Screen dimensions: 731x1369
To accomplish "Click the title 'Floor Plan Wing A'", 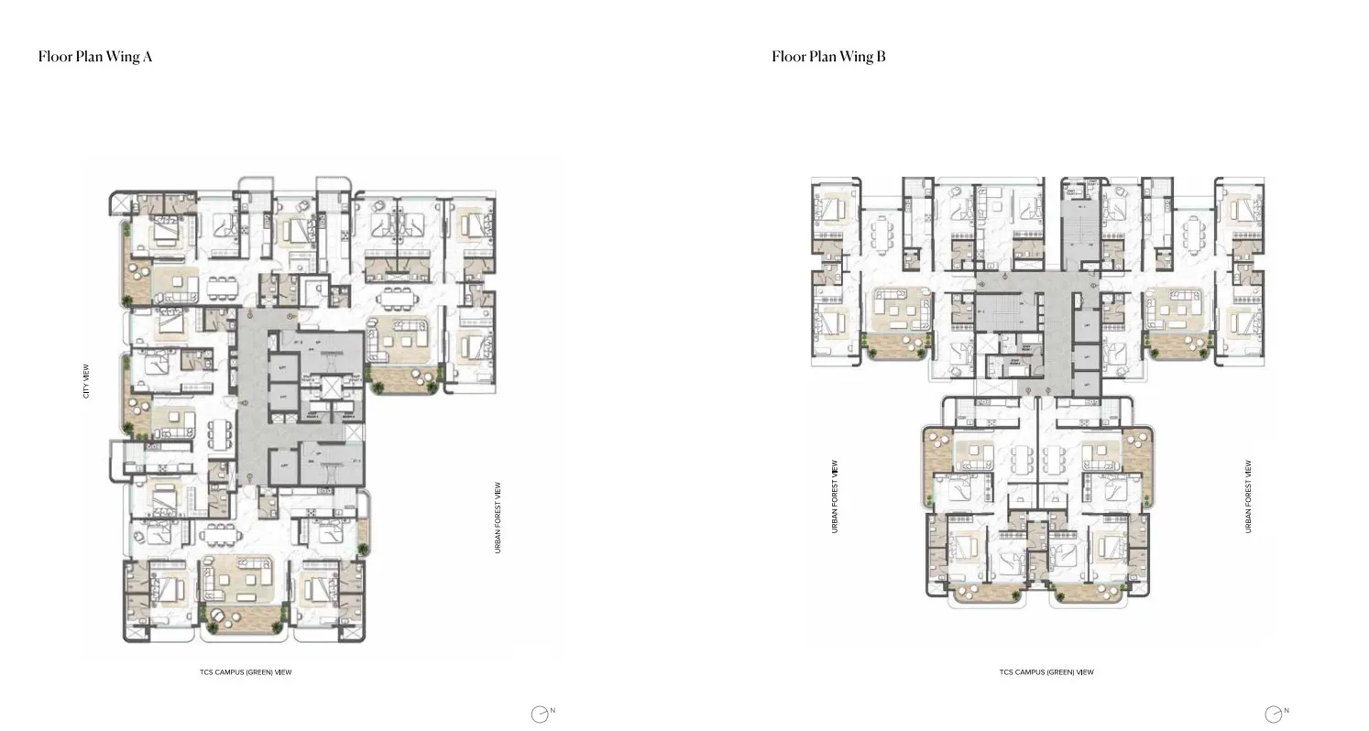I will [x=94, y=57].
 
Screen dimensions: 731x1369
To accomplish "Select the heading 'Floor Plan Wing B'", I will [x=828, y=57].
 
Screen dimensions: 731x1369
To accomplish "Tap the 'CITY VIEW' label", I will [x=87, y=381].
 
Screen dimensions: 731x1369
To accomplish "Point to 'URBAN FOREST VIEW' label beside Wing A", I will [x=498, y=518].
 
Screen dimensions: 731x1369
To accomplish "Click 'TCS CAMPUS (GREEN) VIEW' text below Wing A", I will [x=246, y=672].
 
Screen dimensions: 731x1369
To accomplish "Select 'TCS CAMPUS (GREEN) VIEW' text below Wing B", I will [x=1046, y=672].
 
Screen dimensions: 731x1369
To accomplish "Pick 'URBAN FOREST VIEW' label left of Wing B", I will [x=835, y=496].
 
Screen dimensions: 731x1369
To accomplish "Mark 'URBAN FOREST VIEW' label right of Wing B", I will [x=1248, y=496].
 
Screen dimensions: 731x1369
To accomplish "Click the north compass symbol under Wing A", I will [x=541, y=714].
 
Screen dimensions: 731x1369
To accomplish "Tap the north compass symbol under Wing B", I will [x=1274, y=714].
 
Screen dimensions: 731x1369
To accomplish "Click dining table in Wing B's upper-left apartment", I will [x=884, y=233].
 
